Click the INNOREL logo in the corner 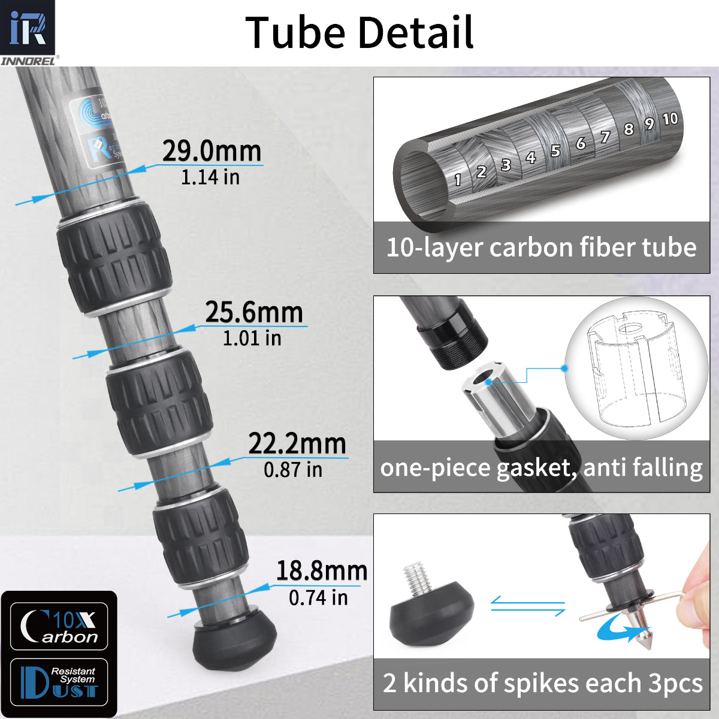[x=28, y=31]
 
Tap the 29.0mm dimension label [x=212, y=151]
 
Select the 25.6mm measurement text [x=253, y=312]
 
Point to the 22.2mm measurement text [x=297, y=444]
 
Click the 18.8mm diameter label [x=322, y=571]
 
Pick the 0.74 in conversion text [x=318, y=597]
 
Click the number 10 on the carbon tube [x=670, y=119]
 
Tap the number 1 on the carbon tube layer [x=458, y=179]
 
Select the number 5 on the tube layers [x=555, y=150]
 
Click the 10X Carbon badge [x=59, y=627]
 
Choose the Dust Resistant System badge [x=59, y=682]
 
